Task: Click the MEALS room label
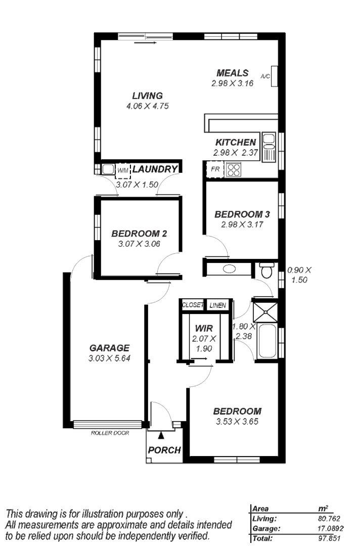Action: point(232,73)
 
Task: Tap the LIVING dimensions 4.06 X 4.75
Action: point(147,106)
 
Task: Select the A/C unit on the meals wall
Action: point(275,76)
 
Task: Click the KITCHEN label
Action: point(236,142)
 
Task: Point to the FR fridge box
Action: point(215,169)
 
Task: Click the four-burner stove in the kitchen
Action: point(233,169)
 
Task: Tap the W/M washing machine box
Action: point(122,171)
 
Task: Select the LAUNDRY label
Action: point(155,169)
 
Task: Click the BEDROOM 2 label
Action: point(139,233)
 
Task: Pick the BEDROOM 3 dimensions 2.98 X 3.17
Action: point(242,224)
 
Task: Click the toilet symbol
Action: point(267,270)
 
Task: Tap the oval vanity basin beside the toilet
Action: point(230,269)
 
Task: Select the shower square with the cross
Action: point(265,312)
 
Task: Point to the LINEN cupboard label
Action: point(218,305)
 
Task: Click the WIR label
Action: point(204,328)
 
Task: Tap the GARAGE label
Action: point(109,347)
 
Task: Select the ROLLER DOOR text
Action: point(110,433)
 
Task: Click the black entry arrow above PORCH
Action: point(160,435)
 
